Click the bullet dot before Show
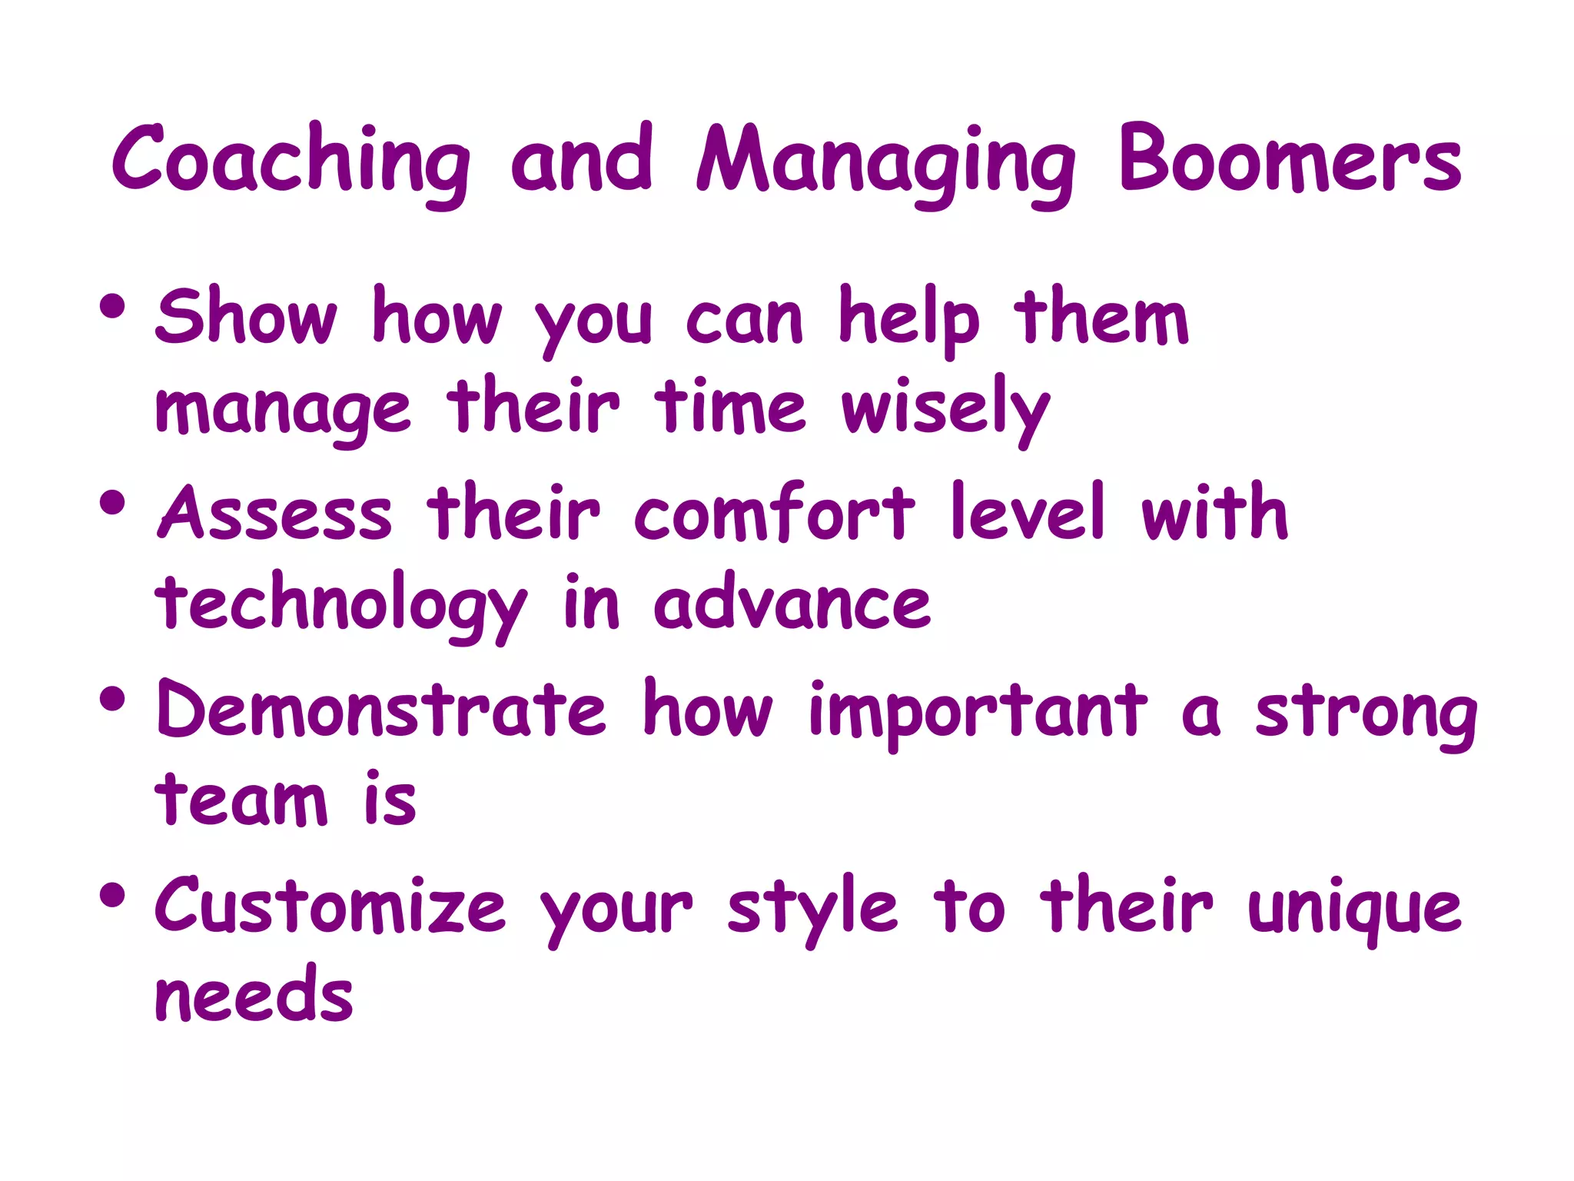[x=112, y=306]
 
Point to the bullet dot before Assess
[x=112, y=503]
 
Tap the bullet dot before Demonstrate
[x=112, y=699]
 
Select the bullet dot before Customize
[x=112, y=895]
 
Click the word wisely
[x=945, y=408]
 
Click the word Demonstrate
[x=381, y=709]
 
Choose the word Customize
[x=330, y=906]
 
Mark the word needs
[x=254, y=996]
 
